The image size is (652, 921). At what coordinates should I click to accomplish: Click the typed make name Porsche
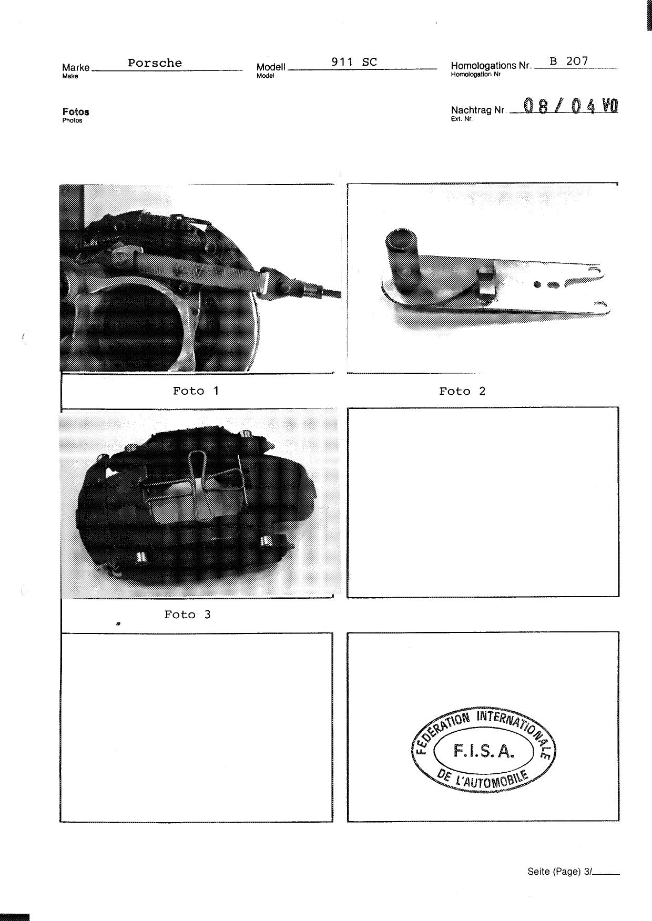point(155,63)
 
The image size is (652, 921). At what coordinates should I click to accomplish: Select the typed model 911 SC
point(354,62)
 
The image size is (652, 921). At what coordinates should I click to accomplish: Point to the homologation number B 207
point(569,61)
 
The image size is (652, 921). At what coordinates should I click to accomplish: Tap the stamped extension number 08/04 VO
point(570,106)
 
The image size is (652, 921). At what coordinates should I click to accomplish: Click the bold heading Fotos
point(76,112)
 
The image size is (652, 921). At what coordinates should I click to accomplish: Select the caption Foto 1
point(196,391)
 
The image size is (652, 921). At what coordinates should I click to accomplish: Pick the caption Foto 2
point(462,391)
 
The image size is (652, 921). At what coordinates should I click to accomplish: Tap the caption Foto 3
point(187,615)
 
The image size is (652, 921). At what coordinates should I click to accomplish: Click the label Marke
point(76,67)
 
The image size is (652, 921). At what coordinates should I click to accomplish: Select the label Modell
point(271,67)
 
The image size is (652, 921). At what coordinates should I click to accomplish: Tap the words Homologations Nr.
point(491,66)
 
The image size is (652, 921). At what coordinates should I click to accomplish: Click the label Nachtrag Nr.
point(478,110)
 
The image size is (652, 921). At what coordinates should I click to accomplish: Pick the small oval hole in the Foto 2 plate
point(553,285)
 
